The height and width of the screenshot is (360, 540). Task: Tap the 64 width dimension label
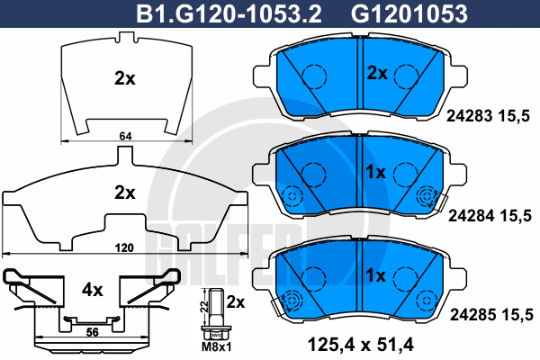click(x=125, y=135)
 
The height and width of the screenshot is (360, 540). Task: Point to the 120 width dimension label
click(x=125, y=247)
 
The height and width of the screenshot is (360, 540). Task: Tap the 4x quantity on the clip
click(x=94, y=291)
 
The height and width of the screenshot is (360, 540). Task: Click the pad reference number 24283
click(x=469, y=115)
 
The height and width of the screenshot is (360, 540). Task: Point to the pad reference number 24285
click(x=469, y=314)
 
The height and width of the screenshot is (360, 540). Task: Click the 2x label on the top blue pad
click(x=376, y=72)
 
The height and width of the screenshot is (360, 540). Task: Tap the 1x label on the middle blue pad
click(x=376, y=171)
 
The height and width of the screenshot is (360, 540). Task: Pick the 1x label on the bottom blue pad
click(x=376, y=273)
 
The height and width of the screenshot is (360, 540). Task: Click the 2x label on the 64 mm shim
click(x=125, y=78)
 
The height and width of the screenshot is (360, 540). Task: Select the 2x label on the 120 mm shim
click(x=125, y=192)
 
